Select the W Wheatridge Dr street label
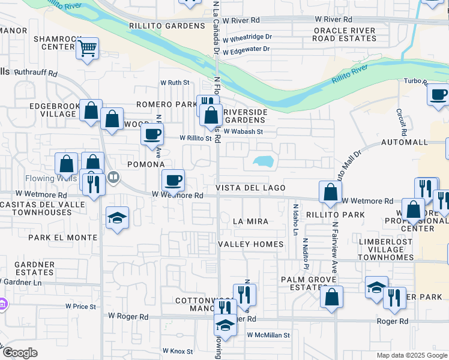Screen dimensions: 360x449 click(x=247, y=37)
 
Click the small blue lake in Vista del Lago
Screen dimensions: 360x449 click(x=262, y=161)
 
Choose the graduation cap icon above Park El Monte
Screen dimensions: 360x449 click(x=117, y=217)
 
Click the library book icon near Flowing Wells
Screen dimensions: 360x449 click(x=113, y=177)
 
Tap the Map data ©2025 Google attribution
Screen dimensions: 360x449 click(x=411, y=355)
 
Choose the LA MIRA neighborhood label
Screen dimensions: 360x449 click(x=250, y=221)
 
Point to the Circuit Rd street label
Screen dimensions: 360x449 click(x=402, y=122)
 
